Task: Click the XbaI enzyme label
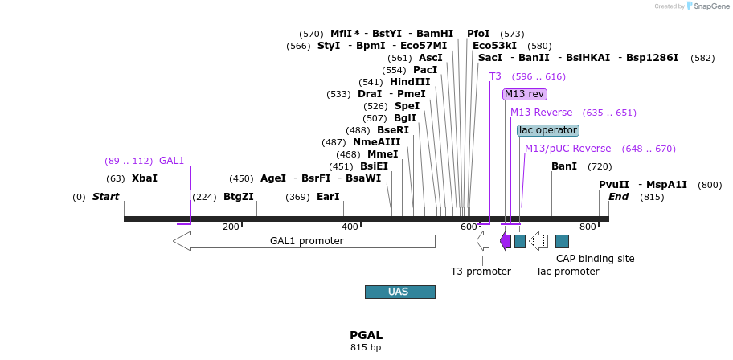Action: click(145, 178)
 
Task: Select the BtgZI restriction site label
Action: click(239, 197)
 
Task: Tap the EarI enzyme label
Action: click(328, 197)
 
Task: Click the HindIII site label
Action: click(410, 82)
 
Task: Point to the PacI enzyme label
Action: click(425, 70)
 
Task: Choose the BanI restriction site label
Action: click(564, 166)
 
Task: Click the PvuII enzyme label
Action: click(614, 185)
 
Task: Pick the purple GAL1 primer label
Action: click(172, 161)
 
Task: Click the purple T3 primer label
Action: click(495, 76)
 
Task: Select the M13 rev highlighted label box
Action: click(524, 94)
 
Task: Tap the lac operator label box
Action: click(548, 130)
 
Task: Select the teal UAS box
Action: click(399, 292)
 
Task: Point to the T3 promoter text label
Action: click(481, 272)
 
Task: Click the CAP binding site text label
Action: click(596, 259)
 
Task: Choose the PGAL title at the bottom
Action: click(366, 335)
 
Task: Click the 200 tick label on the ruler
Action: click(231, 227)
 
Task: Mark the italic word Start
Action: click(105, 197)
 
